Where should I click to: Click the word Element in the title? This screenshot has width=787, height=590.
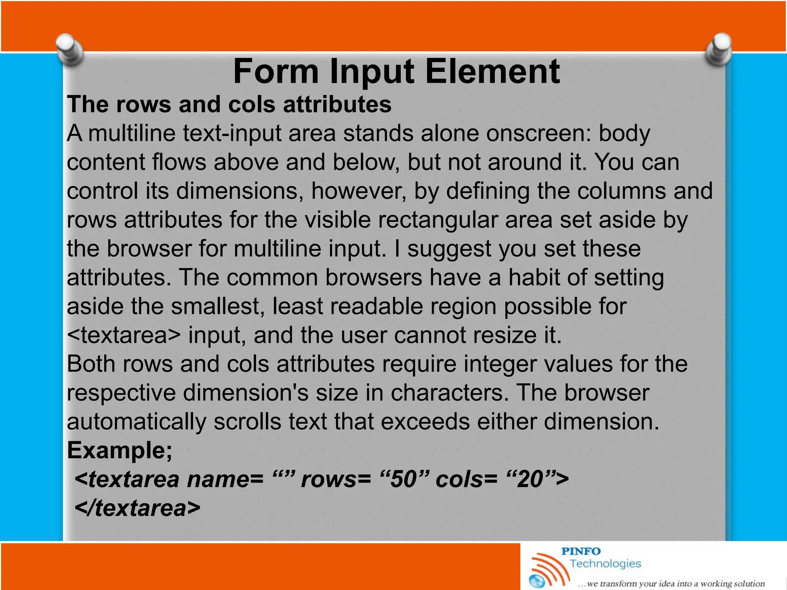(x=492, y=71)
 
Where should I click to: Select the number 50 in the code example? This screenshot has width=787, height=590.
(x=403, y=479)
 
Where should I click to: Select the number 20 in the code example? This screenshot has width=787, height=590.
(x=530, y=479)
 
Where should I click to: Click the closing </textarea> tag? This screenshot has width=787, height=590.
(x=138, y=508)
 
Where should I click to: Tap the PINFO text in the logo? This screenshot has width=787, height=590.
(x=581, y=552)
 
